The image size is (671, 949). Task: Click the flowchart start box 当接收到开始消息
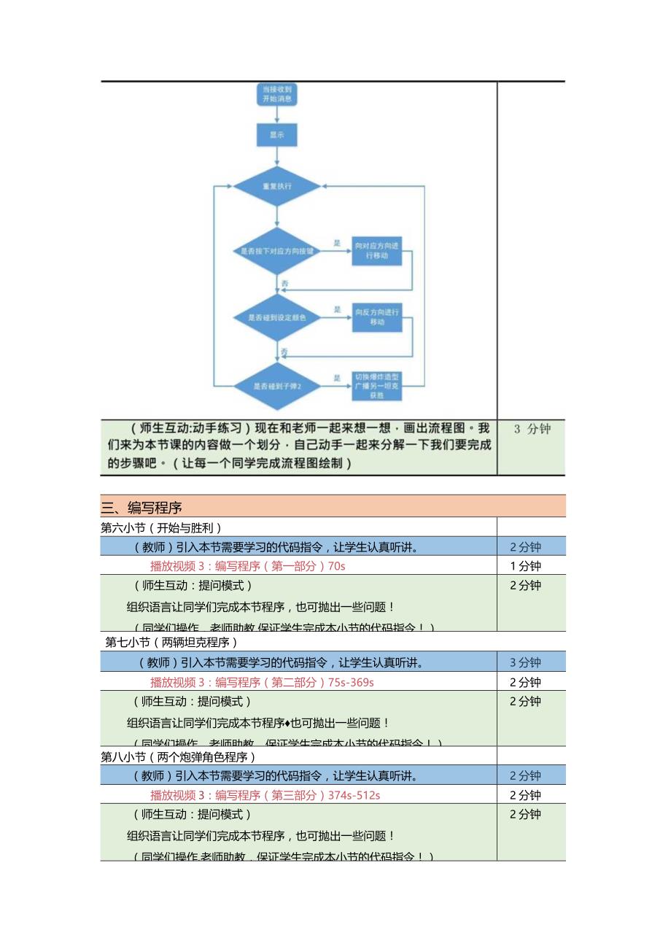(x=276, y=94)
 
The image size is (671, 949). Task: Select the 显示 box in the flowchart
(x=276, y=135)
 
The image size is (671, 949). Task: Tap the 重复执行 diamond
(x=276, y=186)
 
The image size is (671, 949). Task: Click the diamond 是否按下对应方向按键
(x=276, y=251)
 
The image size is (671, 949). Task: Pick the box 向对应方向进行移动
(x=376, y=250)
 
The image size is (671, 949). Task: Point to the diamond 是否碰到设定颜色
(x=276, y=318)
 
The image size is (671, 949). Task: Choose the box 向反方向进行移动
(x=376, y=317)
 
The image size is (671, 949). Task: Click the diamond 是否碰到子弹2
(x=276, y=386)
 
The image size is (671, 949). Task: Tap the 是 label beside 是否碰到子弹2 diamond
(x=337, y=378)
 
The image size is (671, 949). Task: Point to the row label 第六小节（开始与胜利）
(x=161, y=527)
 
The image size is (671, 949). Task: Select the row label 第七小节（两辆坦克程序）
(x=171, y=642)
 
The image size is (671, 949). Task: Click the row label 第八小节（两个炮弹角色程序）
(x=179, y=756)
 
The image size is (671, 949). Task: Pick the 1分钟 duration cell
(x=525, y=566)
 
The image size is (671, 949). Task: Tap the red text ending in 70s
(x=248, y=566)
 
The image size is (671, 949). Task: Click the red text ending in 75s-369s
(x=262, y=682)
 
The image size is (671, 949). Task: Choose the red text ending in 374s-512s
(x=265, y=795)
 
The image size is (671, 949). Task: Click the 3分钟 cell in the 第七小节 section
(x=525, y=662)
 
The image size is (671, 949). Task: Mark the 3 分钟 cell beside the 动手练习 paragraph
(x=532, y=429)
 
